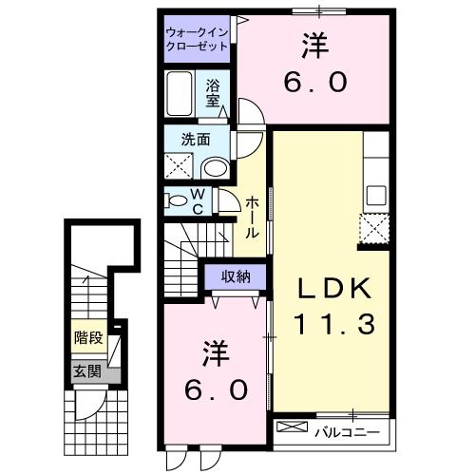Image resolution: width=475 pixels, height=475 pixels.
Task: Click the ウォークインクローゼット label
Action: [198, 39]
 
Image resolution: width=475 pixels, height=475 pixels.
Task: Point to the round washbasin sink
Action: [217, 169]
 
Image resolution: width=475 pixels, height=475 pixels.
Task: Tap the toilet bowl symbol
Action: [177, 200]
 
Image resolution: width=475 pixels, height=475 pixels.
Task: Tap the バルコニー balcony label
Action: [347, 432]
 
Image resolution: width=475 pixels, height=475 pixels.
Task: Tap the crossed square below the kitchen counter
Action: [374, 229]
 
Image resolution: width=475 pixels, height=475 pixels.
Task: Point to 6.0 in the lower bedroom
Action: [216, 388]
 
